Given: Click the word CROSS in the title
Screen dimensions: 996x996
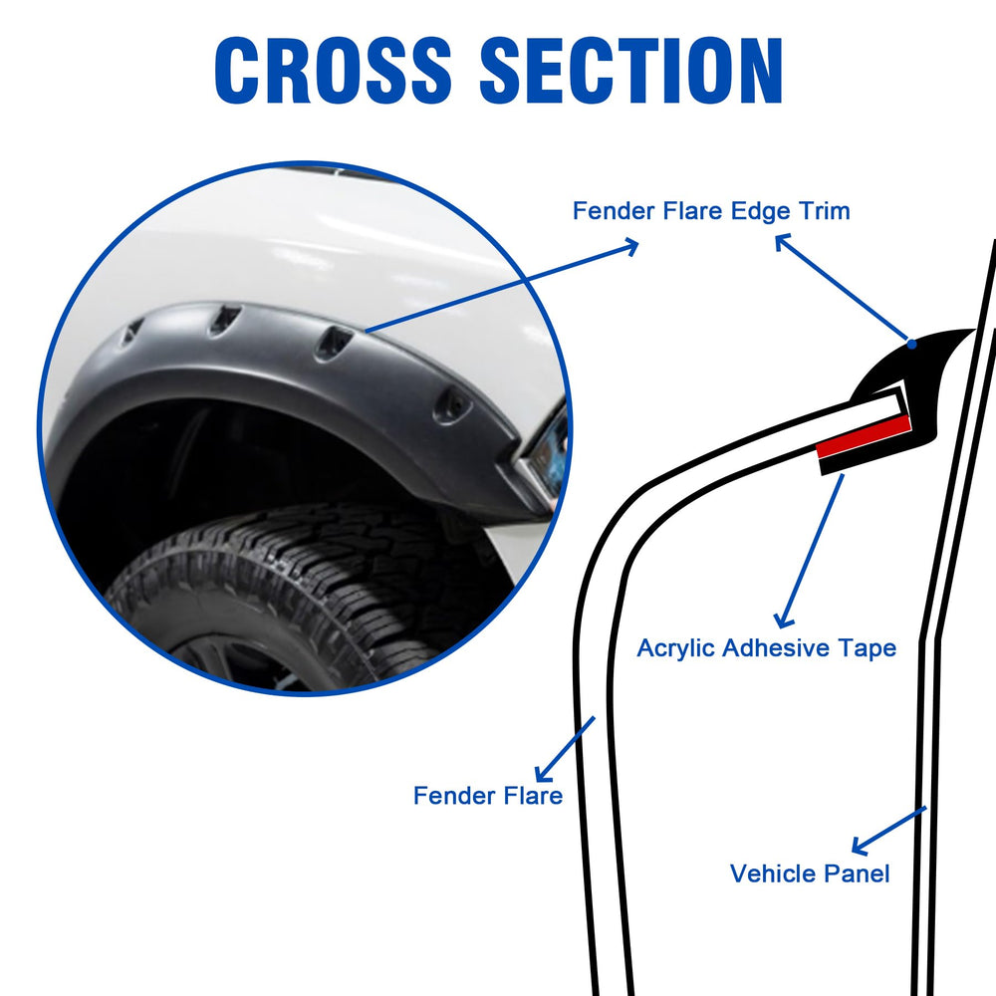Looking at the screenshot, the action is pyautogui.click(x=333, y=70).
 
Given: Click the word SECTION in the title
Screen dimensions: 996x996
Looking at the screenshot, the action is pyautogui.click(x=631, y=70).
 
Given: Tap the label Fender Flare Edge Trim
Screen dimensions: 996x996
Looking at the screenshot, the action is pyautogui.click(x=711, y=211).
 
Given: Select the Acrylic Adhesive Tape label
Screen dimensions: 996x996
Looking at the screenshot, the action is pyautogui.click(x=766, y=648).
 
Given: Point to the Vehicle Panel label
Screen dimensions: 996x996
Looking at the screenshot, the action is pyautogui.click(x=809, y=873).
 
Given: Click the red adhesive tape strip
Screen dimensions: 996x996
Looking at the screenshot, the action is pyautogui.click(x=864, y=437).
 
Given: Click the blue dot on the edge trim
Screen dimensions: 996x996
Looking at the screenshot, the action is pyautogui.click(x=911, y=345).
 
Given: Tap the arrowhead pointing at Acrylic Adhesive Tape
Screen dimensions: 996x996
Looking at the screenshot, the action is pyautogui.click(x=783, y=621).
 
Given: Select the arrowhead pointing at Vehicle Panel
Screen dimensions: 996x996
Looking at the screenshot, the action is pyautogui.click(x=859, y=847).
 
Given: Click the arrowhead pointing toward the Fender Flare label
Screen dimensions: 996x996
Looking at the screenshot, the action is pyautogui.click(x=543, y=774).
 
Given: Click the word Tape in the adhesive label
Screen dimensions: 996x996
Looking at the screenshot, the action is pyautogui.click(x=868, y=648).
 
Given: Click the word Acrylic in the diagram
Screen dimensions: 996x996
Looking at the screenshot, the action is pyautogui.click(x=676, y=648).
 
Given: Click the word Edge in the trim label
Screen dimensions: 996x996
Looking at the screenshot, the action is pyautogui.click(x=760, y=211).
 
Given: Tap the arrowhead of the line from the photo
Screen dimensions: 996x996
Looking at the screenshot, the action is pyautogui.click(x=631, y=246).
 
